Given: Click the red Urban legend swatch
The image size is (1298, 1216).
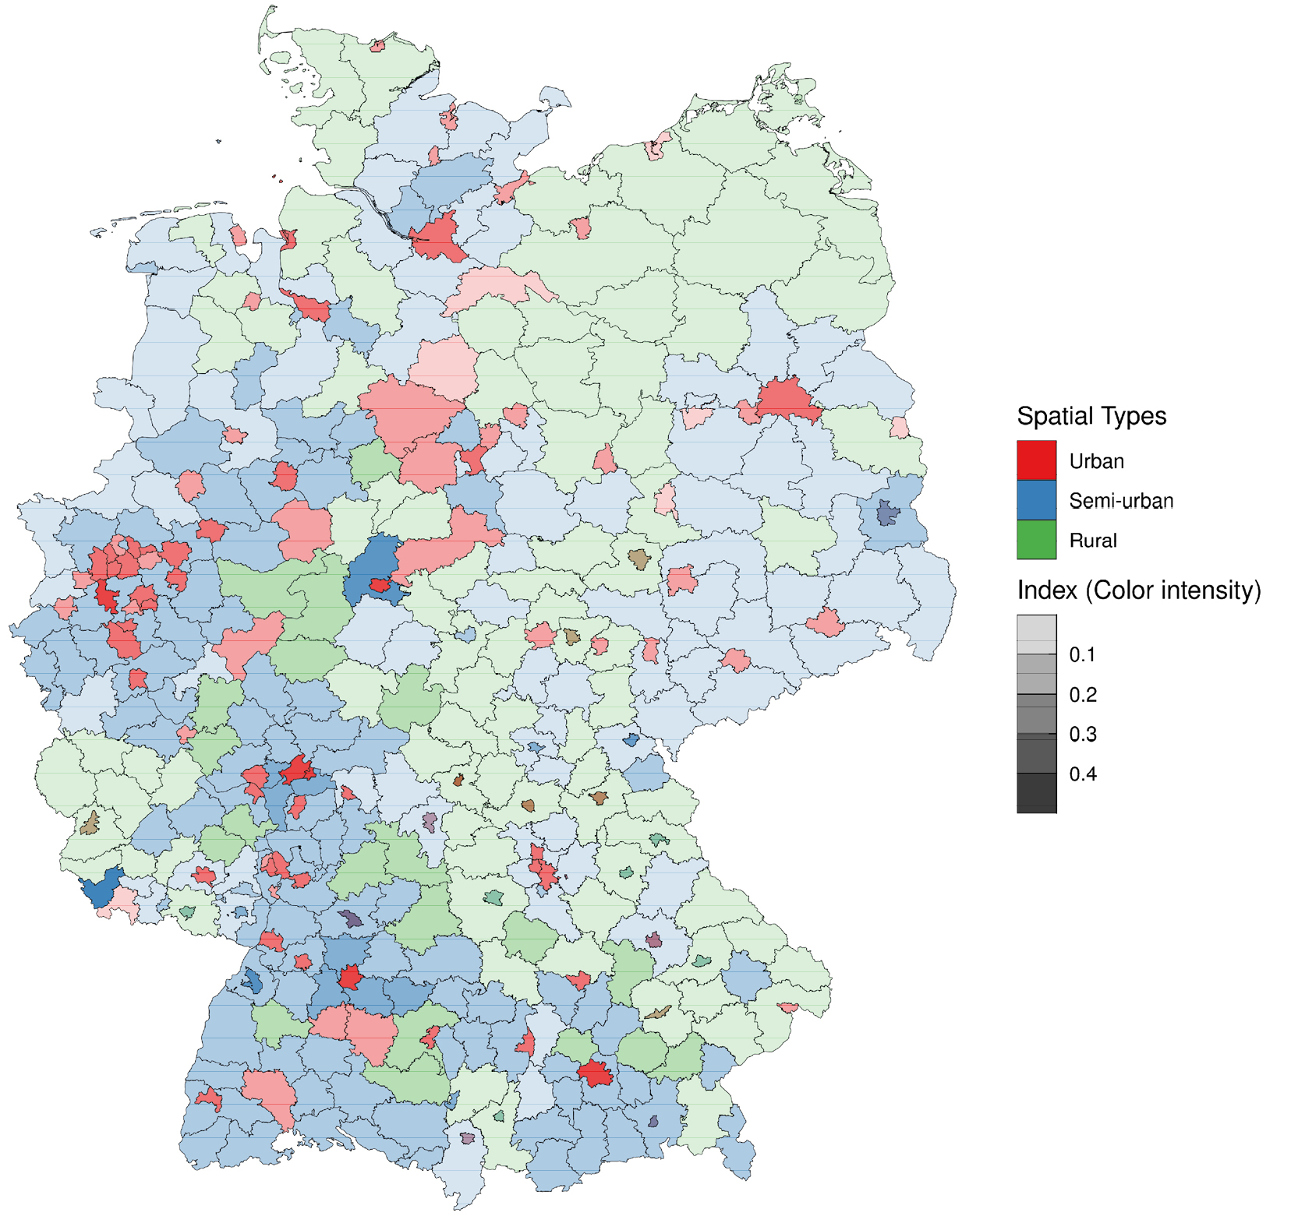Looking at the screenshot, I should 1036,460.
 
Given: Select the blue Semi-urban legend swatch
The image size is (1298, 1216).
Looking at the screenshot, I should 1036,500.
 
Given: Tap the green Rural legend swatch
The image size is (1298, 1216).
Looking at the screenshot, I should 1036,540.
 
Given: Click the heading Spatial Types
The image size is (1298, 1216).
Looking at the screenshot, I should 1091,416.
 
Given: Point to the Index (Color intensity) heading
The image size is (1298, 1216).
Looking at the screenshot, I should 1138,590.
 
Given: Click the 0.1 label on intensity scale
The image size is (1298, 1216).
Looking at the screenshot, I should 1081,655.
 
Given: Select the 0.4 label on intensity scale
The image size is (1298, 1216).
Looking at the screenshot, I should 1081,774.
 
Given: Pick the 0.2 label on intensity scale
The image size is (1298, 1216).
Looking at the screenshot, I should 1081,695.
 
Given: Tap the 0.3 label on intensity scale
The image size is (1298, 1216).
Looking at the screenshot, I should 1081,735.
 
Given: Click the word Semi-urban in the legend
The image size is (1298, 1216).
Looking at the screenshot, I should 1120,501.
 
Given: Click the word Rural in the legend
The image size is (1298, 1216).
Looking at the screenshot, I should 1092,541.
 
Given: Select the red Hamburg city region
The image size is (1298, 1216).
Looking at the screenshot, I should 439,237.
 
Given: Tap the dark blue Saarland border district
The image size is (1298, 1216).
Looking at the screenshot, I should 101,887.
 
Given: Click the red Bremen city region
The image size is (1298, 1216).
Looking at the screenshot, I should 312,308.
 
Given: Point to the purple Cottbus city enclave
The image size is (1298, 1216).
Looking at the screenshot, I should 886,513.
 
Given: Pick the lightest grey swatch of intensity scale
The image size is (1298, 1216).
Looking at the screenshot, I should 1036,634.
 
